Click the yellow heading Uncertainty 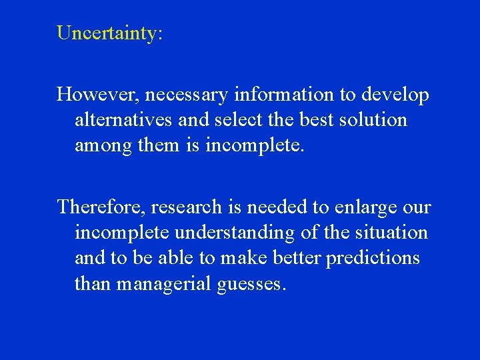point(109,33)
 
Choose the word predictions point(373,259)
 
